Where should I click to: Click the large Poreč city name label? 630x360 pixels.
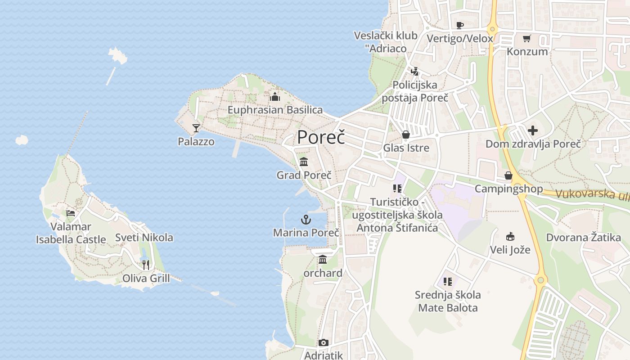tap(321, 137)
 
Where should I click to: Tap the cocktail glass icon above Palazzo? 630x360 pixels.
tap(196, 128)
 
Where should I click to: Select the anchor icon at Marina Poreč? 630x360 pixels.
tap(306, 220)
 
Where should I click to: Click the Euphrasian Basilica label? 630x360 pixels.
tap(275, 110)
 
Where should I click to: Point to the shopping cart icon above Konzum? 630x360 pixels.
tap(527, 39)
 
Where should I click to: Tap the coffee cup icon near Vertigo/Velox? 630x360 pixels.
tap(459, 25)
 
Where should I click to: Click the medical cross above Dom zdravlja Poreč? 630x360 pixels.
tap(533, 130)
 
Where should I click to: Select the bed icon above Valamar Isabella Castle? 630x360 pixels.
tap(71, 213)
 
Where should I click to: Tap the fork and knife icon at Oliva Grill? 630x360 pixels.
tap(145, 265)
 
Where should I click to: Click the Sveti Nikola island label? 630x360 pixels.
tap(144, 238)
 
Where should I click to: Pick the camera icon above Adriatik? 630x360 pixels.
tap(323, 343)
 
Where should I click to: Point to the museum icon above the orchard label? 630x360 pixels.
tap(323, 260)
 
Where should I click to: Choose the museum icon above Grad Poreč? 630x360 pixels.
tap(304, 162)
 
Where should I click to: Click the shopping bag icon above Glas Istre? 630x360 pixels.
tap(406, 135)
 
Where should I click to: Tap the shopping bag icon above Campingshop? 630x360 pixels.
tap(508, 175)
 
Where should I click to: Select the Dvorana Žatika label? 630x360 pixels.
tap(583, 238)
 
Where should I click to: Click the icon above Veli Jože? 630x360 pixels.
tap(510, 236)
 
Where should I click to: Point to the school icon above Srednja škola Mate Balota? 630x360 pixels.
tap(447, 282)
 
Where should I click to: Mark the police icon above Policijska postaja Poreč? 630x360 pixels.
tap(415, 71)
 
